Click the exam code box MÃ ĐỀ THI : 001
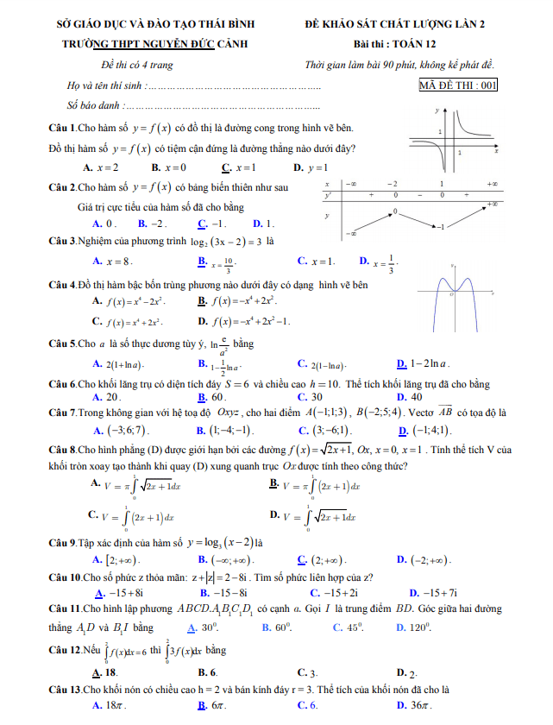click(458, 85)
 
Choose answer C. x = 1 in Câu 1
click(238, 167)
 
